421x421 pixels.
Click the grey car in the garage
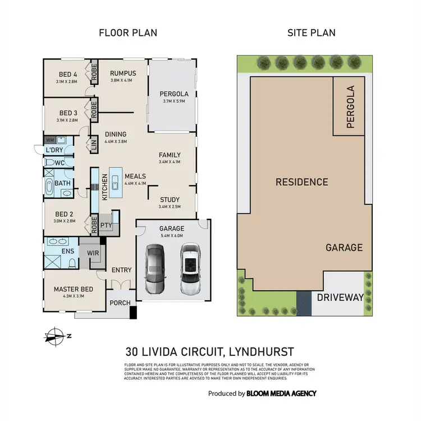(x=154, y=269)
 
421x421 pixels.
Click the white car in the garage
(x=190, y=269)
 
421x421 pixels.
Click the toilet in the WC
(x=50, y=163)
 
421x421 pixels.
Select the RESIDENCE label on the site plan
(x=301, y=182)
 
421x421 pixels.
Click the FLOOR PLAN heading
(x=128, y=33)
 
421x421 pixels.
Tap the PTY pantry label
(x=106, y=225)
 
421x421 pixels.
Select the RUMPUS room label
(x=123, y=73)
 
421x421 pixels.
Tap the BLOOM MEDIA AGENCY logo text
(x=281, y=393)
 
